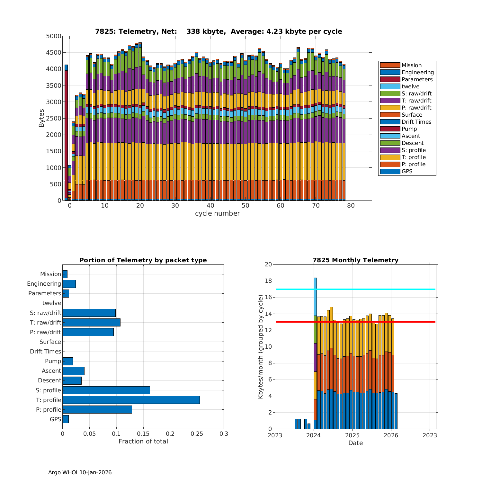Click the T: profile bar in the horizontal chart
click(x=131, y=400)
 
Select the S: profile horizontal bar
click(x=106, y=390)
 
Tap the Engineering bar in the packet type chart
click(x=69, y=284)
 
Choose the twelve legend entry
click(x=410, y=86)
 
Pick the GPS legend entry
click(x=407, y=171)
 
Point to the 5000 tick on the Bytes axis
click(x=54, y=36)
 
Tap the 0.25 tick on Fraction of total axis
click(x=197, y=434)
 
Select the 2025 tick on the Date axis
click(x=352, y=435)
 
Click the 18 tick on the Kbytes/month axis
click(x=268, y=281)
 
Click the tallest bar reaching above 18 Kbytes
click(x=315, y=321)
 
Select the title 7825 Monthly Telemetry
click(x=355, y=260)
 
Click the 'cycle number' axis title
click(x=217, y=213)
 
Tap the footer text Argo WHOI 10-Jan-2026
click(x=80, y=472)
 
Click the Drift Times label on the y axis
click(x=45, y=352)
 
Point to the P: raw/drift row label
click(x=45, y=332)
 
